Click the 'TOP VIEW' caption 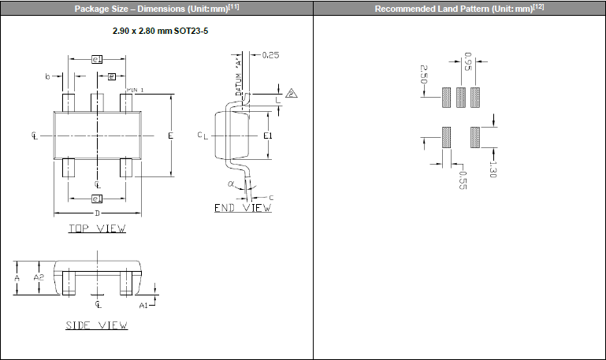(x=97, y=229)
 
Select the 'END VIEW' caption (x=243, y=208)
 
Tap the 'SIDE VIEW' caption (x=97, y=325)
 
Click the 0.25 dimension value (x=270, y=55)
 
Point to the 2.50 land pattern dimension (x=423, y=76)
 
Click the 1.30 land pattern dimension (x=492, y=169)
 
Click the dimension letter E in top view (x=170, y=135)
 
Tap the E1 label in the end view (x=268, y=135)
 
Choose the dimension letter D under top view (x=97, y=213)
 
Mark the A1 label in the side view (x=143, y=303)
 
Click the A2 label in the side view (x=39, y=278)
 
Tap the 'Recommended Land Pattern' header (x=459, y=9)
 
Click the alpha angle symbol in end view (x=232, y=184)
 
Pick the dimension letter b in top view (x=48, y=76)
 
